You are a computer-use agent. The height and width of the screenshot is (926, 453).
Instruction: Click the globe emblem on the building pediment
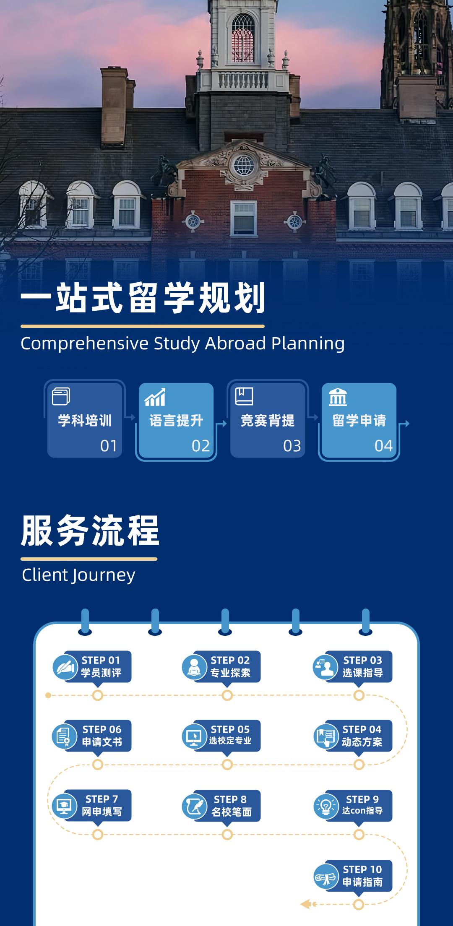(244, 165)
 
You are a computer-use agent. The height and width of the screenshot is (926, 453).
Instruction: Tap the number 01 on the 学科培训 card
(109, 446)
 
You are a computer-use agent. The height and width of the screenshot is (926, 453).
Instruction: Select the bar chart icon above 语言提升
(155, 397)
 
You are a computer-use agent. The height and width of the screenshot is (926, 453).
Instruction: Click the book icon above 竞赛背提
(244, 396)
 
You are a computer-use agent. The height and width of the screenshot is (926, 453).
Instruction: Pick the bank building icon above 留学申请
(338, 397)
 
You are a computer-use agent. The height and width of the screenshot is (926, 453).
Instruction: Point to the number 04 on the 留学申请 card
(383, 446)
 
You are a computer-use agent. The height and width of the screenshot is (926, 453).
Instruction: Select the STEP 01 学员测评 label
(101, 666)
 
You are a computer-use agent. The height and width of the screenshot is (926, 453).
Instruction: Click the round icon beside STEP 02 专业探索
(194, 667)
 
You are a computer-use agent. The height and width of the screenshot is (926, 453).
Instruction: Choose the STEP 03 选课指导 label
(363, 666)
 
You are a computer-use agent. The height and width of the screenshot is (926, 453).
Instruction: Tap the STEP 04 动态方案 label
(362, 736)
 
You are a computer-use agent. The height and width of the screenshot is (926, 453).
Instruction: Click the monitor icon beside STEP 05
(194, 736)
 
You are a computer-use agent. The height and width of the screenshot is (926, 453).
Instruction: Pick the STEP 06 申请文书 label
(102, 736)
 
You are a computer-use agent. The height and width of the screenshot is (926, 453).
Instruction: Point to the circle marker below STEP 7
(98, 835)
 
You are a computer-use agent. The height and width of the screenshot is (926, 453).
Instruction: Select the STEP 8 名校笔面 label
(231, 806)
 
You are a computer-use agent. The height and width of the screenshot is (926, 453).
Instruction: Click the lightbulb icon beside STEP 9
(326, 806)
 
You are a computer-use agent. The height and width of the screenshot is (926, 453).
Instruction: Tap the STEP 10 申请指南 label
(362, 876)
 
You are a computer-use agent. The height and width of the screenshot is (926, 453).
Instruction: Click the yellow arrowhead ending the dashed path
(306, 905)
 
